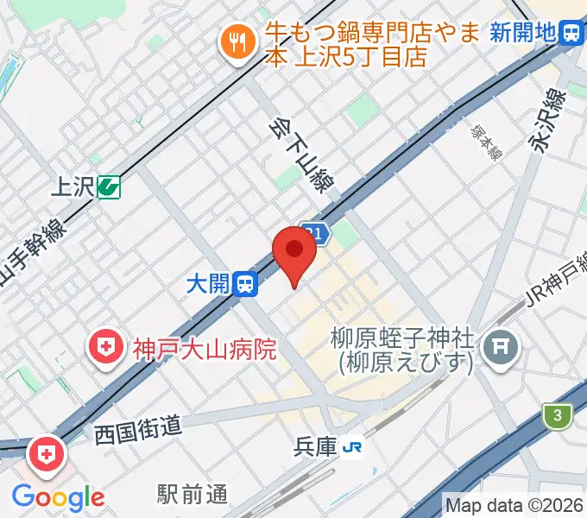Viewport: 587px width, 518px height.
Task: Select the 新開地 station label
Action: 522,34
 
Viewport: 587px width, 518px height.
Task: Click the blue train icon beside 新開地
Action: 571,34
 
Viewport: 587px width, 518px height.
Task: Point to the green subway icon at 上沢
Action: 109,186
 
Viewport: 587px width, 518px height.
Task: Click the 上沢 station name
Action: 73,186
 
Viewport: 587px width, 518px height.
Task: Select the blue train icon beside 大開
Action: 247,283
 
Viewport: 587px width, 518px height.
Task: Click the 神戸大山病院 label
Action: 204,350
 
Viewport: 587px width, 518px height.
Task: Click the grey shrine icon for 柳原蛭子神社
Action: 499,349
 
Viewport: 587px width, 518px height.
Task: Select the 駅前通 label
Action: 193,494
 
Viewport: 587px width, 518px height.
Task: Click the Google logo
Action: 58,497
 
